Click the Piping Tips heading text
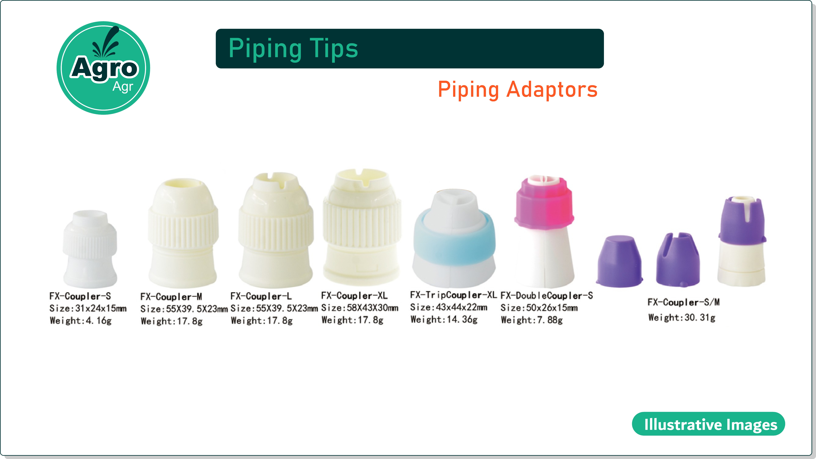tap(293, 48)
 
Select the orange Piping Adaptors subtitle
tap(518, 90)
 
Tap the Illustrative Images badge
tap(708, 424)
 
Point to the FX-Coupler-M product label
tap(171, 297)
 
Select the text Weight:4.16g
tap(81, 320)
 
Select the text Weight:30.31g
tap(682, 317)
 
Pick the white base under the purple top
tap(741, 263)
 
